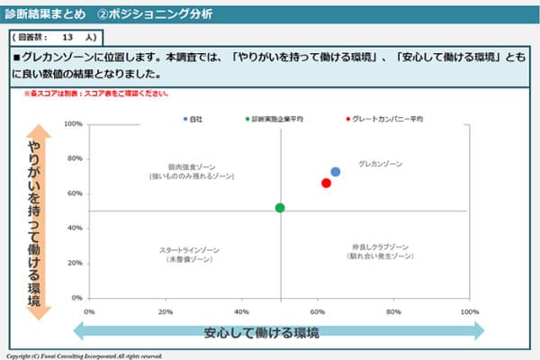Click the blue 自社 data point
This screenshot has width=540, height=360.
336,172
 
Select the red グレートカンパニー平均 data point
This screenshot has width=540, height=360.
326,183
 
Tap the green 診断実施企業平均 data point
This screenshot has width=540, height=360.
280,208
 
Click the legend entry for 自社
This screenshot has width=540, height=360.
193,119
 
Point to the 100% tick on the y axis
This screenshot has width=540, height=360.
75,124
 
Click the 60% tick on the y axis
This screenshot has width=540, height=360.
76,193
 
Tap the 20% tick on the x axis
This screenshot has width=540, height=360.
166,310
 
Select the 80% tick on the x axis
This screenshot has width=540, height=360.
393,310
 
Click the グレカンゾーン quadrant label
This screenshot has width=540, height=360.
380,165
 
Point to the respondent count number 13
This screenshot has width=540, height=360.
67,39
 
